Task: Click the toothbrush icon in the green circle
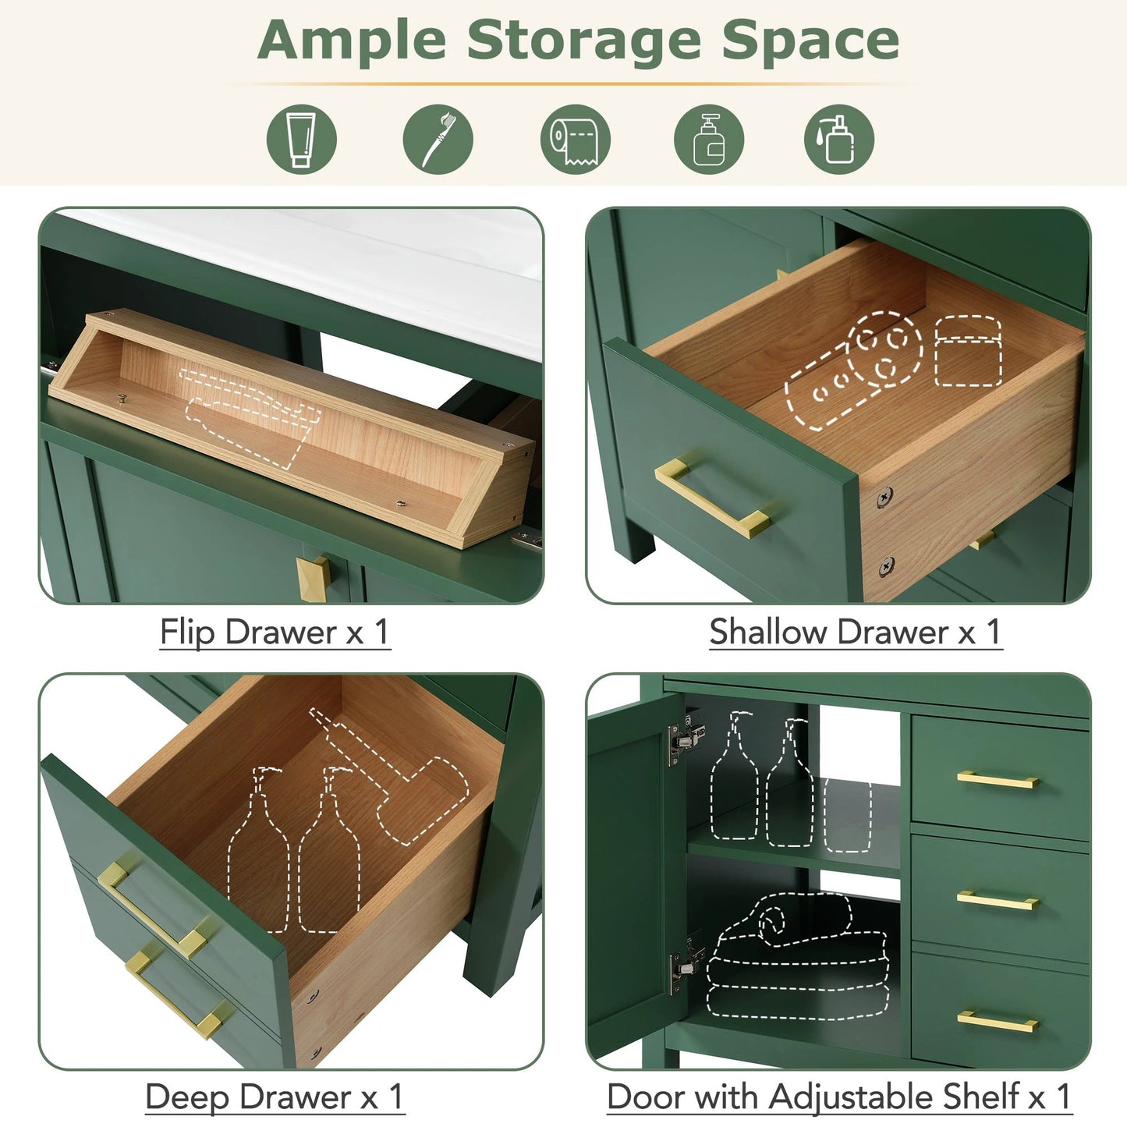coord(438,139)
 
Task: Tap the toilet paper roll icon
coord(575,139)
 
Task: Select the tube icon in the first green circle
coord(302,139)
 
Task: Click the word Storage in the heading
coord(583,41)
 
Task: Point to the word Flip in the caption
coord(187,632)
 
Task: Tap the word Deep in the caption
coord(188,1097)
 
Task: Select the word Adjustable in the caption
coord(894,1097)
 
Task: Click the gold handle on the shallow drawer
coord(712,497)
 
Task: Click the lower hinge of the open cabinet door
coord(686,964)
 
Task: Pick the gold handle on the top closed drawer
coord(998,779)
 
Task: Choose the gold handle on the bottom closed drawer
coord(998,1021)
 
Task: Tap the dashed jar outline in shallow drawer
coord(968,351)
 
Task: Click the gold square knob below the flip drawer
coord(314,577)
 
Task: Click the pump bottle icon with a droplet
coord(838,139)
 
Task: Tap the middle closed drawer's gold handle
coord(998,901)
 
